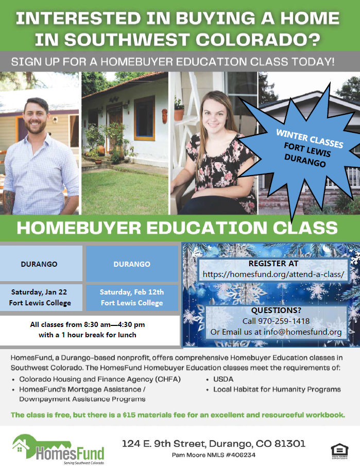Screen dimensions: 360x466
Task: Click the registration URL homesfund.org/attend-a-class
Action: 273,274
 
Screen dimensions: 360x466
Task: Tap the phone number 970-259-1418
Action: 284,321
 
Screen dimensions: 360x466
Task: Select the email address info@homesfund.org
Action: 303,332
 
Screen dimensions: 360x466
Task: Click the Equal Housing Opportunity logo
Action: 339,451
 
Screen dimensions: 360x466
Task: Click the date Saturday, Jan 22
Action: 39,292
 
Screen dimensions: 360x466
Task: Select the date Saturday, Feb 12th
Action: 132,292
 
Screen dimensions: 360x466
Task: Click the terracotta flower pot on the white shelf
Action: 179,114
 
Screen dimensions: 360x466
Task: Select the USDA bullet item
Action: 223,379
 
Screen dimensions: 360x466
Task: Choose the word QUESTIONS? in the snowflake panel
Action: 276,310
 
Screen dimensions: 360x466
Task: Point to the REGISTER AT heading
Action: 273,263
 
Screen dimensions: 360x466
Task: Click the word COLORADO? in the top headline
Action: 258,40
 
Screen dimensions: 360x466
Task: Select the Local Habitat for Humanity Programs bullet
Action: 277,389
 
